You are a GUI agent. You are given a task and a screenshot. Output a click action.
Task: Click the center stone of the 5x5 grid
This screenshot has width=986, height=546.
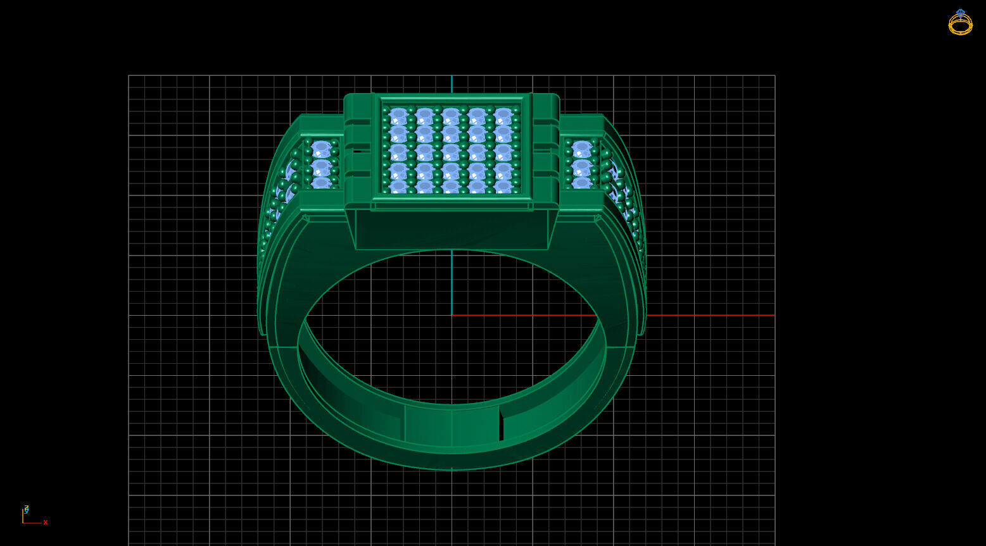451,152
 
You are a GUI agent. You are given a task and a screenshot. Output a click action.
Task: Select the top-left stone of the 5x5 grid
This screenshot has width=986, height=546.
398,116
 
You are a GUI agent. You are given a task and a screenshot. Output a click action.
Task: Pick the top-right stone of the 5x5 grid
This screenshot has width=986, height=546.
503,116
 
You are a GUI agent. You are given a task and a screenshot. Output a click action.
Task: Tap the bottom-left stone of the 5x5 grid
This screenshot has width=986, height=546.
398,187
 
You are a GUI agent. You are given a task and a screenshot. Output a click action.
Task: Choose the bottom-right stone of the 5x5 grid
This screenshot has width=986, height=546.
503,187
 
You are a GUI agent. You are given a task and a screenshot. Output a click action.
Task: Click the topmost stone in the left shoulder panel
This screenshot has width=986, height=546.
322,149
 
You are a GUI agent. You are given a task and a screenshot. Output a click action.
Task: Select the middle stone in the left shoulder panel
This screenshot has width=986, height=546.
322,168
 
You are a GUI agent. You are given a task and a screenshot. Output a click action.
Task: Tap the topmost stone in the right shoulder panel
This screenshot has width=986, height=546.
581,149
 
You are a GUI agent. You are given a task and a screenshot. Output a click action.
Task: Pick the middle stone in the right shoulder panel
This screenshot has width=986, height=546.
581,168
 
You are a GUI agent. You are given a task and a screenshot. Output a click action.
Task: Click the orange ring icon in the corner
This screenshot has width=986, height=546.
960,24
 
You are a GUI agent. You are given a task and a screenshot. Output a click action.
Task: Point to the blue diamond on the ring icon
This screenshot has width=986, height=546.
961,12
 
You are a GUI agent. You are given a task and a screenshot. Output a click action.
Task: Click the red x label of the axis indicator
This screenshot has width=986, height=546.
46,523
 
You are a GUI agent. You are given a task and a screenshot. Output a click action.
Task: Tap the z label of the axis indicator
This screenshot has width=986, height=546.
26,508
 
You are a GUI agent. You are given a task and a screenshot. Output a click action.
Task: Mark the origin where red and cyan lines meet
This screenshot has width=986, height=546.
452,315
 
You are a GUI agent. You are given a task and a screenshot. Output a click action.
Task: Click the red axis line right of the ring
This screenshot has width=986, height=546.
709,315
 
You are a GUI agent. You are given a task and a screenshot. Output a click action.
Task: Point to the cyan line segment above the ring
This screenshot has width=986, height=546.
452,84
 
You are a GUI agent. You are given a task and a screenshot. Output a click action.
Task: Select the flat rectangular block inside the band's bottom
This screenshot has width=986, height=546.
452,425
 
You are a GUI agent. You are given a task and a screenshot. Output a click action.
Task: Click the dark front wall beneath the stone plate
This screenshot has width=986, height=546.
452,229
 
